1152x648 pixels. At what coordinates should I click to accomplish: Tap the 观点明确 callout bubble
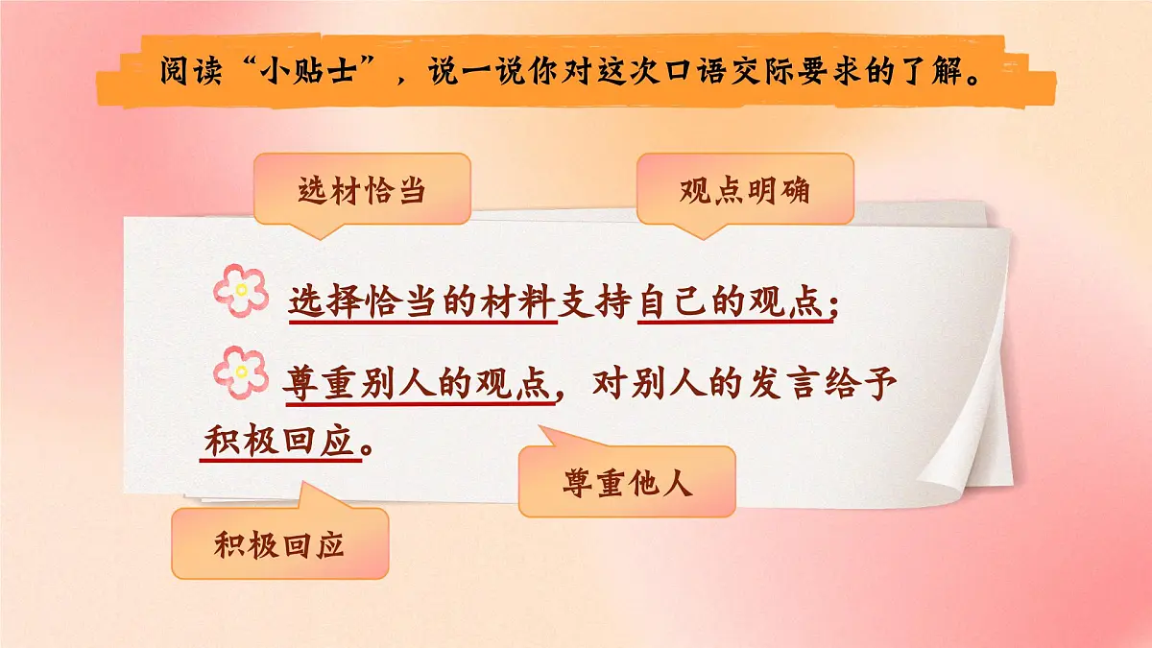coord(744,190)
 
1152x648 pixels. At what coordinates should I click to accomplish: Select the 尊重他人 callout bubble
coord(627,483)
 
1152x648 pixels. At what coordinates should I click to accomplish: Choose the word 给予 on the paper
coord(866,386)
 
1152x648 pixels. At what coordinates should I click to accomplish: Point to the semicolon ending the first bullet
coord(833,305)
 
